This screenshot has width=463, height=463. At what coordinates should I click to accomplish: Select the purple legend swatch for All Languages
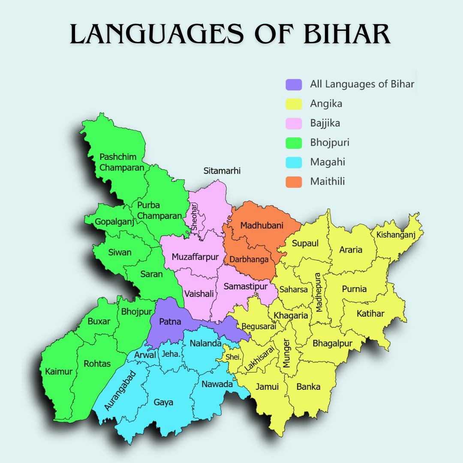pos(294,84)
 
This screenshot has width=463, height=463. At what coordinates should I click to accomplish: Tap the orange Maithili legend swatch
pos(294,182)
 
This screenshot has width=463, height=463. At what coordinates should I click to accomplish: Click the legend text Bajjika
pos(325,123)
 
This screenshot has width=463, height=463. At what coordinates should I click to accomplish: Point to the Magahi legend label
pos(328,162)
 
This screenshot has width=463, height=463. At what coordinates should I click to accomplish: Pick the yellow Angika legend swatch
pos(294,104)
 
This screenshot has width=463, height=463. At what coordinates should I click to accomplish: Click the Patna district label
pos(170,322)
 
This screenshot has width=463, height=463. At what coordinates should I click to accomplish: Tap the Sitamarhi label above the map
pos(222,171)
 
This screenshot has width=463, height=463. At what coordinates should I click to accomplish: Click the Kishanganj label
pos(396,235)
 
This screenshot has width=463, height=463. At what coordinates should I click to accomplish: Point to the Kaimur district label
pos(59,371)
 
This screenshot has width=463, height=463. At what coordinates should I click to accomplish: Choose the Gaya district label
pos(163,402)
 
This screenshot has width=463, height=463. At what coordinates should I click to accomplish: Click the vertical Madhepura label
pos(318,292)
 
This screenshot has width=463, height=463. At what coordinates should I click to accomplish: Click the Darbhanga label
pos(249,259)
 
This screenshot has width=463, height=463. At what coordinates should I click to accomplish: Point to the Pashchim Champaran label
pos(121,162)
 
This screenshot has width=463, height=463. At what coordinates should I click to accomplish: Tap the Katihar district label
pos(370,314)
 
